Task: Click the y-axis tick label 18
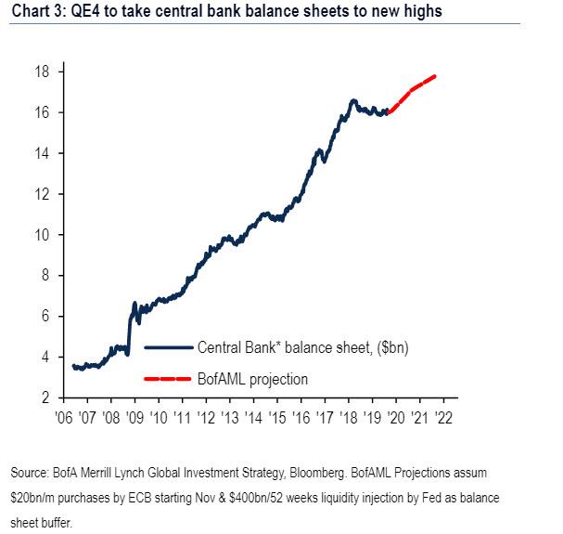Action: pyautogui.click(x=43, y=72)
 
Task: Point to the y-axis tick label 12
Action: pyautogui.click(x=43, y=193)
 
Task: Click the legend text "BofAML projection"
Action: pyautogui.click(x=252, y=379)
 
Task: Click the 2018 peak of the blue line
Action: pyautogui.click(x=353, y=100)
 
